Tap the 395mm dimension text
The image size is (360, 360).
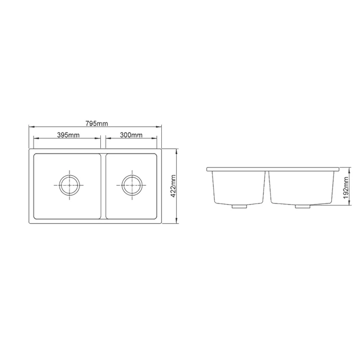click(68, 135)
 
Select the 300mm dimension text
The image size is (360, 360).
click(131, 135)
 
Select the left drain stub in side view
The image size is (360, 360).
click(238, 206)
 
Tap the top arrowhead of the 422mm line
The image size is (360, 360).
click(178, 150)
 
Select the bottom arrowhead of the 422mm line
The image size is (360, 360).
click(178, 223)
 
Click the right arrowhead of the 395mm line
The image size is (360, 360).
click(99, 139)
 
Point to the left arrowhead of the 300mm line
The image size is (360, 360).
click(107, 139)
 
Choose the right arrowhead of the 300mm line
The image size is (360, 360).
click(156, 139)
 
